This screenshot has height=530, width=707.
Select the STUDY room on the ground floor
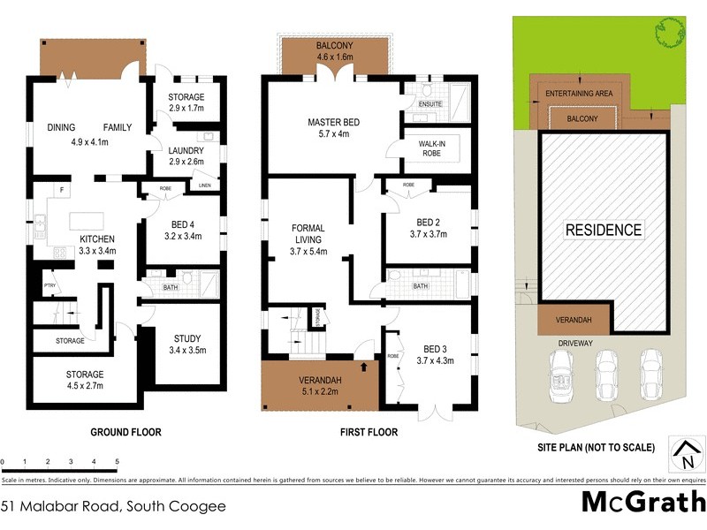click(x=186, y=338)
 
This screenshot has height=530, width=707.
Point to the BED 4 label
click(x=184, y=223)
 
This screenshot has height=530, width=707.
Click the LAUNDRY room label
click(x=186, y=150)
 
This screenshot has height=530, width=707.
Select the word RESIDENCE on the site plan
click(x=604, y=231)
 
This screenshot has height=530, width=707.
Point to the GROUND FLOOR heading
click(x=125, y=433)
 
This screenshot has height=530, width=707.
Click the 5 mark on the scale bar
click(x=117, y=462)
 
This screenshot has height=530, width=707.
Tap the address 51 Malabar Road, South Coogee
click(x=112, y=506)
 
